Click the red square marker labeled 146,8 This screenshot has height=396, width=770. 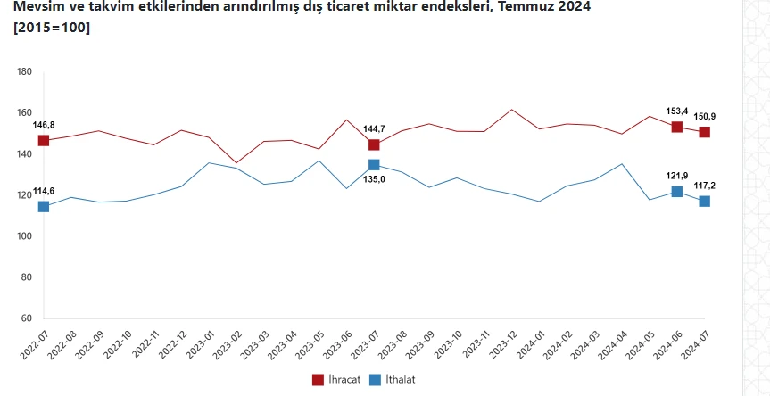(x=44, y=141)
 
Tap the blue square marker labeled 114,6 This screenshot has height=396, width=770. (x=44, y=207)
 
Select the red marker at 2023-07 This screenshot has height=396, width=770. (x=374, y=144)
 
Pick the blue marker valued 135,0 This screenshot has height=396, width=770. (x=374, y=165)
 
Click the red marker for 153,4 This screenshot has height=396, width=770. (x=676, y=127)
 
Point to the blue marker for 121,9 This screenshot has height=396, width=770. (x=676, y=192)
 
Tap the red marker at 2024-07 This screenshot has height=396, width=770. (x=704, y=132)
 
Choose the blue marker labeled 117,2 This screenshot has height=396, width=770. (x=704, y=202)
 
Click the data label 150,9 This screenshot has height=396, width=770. (x=705, y=117)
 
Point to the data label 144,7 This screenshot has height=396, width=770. (x=374, y=129)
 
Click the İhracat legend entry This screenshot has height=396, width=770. (x=335, y=379)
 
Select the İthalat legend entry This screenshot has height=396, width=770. (x=393, y=379)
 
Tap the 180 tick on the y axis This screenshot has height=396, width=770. (x=25, y=72)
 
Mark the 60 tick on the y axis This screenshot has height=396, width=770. (x=27, y=318)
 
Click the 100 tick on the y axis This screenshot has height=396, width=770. (x=25, y=236)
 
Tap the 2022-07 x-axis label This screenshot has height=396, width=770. (x=32, y=343)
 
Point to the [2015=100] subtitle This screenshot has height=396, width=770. (x=52, y=28)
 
